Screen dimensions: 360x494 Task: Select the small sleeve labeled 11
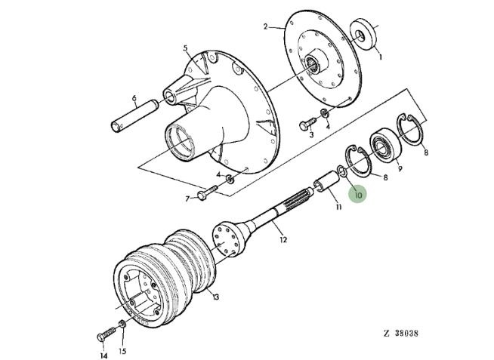326,183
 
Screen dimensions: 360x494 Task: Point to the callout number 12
283,240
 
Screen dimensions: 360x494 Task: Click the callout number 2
266,26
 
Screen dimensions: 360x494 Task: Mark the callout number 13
215,297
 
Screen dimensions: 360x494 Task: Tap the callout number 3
310,136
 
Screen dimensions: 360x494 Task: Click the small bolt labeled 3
307,122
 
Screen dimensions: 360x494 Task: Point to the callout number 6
134,98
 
